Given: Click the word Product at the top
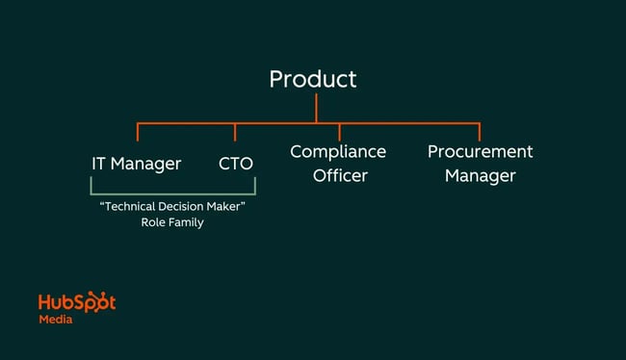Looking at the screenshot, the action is coord(312,79).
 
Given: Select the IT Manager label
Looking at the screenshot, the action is coord(136,164).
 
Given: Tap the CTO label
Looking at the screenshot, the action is coord(236,164).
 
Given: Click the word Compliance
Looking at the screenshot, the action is coord(338,152).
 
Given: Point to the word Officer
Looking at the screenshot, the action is coord(339,176).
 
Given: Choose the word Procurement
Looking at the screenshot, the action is coord(480,152).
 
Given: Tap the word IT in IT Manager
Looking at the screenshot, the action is coord(98,164).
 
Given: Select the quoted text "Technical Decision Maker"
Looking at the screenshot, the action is coord(172,208).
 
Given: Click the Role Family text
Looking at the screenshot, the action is coord(172,223).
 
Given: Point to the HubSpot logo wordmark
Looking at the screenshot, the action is coord(77,302).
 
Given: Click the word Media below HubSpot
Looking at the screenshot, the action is coord(55,320).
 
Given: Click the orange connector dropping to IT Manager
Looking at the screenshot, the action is coord(138,133).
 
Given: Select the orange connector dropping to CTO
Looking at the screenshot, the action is coord(236,133).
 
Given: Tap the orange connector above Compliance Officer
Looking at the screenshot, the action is coord(339,132).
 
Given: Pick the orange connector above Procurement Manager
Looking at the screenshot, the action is coord(479,132).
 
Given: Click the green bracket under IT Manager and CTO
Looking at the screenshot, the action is coord(172,194).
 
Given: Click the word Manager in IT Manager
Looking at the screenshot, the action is coord(146,164).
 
